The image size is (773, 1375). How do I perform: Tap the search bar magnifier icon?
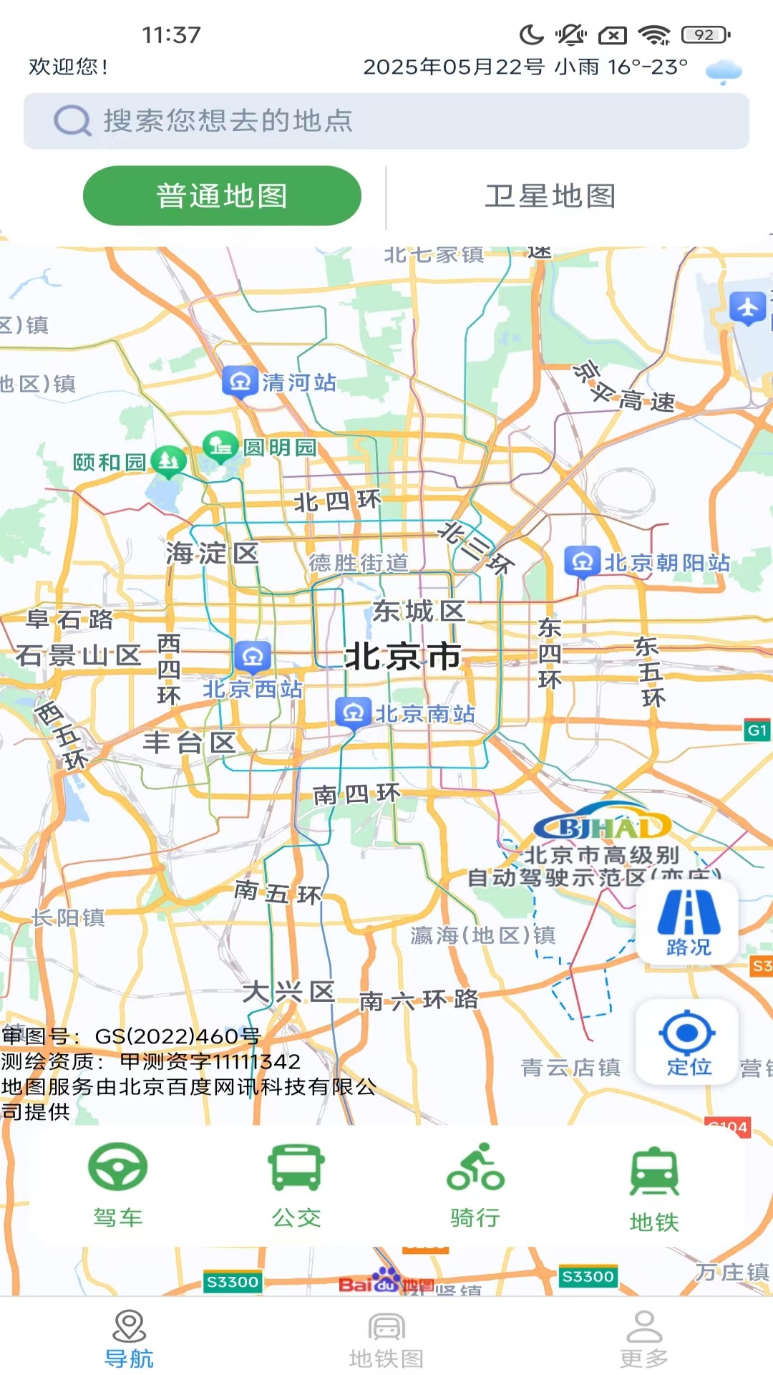[72, 121]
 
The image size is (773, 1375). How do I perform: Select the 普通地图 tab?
[222, 196]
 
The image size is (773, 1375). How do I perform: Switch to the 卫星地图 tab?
[550, 196]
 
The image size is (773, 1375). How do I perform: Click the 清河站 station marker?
[240, 381]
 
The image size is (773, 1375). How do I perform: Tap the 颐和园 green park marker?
[169, 462]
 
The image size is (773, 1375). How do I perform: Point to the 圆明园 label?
[280, 448]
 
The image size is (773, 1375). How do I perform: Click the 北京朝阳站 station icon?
[582, 562]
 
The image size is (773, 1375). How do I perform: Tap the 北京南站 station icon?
[353, 713]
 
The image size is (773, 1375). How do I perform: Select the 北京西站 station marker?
[252, 655]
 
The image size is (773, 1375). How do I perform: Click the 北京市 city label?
[403, 656]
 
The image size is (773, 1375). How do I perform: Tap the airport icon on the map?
[747, 308]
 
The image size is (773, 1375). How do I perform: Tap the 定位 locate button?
[687, 1043]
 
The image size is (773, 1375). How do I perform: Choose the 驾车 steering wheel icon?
[118, 1167]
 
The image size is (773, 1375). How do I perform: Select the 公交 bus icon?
[296, 1167]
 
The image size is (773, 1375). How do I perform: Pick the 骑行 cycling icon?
[475, 1167]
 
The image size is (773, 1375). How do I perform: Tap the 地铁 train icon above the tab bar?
[653, 1172]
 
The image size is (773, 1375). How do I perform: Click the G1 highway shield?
[757, 730]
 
